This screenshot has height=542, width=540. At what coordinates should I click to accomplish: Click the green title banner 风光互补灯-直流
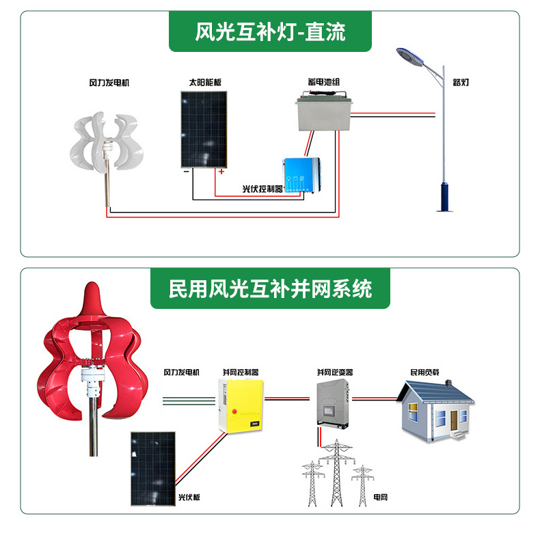270,31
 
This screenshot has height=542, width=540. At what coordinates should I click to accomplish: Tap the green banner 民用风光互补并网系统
270,288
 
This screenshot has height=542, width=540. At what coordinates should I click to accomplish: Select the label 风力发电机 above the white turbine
109,83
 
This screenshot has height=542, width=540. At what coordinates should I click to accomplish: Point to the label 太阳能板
205,83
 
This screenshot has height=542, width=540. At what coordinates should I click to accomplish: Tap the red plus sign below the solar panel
221,172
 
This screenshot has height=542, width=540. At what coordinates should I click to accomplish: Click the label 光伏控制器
262,189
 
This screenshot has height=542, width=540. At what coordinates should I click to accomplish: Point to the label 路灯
461,83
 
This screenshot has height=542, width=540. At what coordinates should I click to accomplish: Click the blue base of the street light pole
445,197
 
